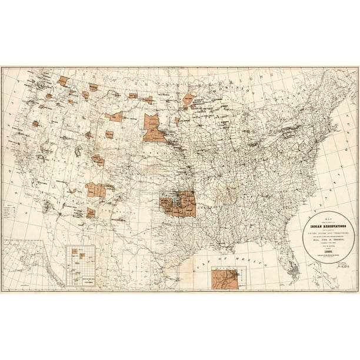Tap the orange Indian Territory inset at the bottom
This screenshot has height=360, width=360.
(226, 278)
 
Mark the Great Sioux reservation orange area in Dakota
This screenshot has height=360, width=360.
(155, 129)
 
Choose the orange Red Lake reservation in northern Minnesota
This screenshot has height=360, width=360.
(189, 98)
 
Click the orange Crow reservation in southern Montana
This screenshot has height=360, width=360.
(115, 116)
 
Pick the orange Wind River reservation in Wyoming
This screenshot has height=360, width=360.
(109, 134)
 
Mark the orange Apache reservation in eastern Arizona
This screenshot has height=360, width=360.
(91, 212)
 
